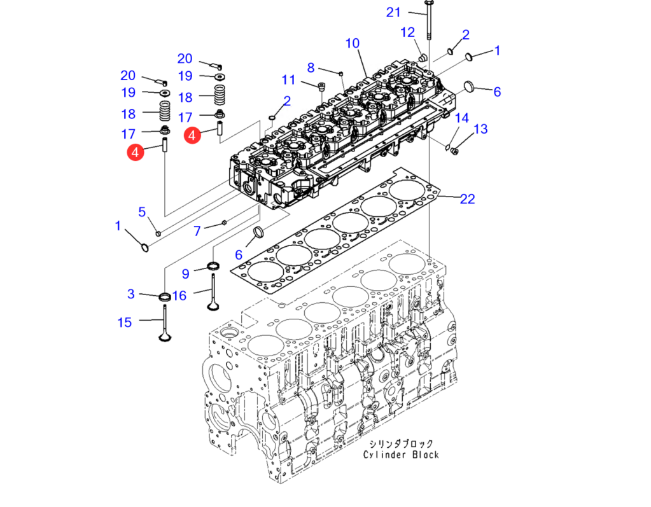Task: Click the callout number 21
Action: tap(393, 13)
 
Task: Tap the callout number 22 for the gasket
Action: tap(468, 199)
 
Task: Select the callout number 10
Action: tap(353, 43)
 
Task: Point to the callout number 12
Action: tap(408, 32)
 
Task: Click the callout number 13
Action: tap(480, 129)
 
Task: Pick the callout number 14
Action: tap(461, 118)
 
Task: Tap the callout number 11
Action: tap(288, 80)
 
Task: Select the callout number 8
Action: tap(311, 67)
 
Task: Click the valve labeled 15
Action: tap(165, 324)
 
